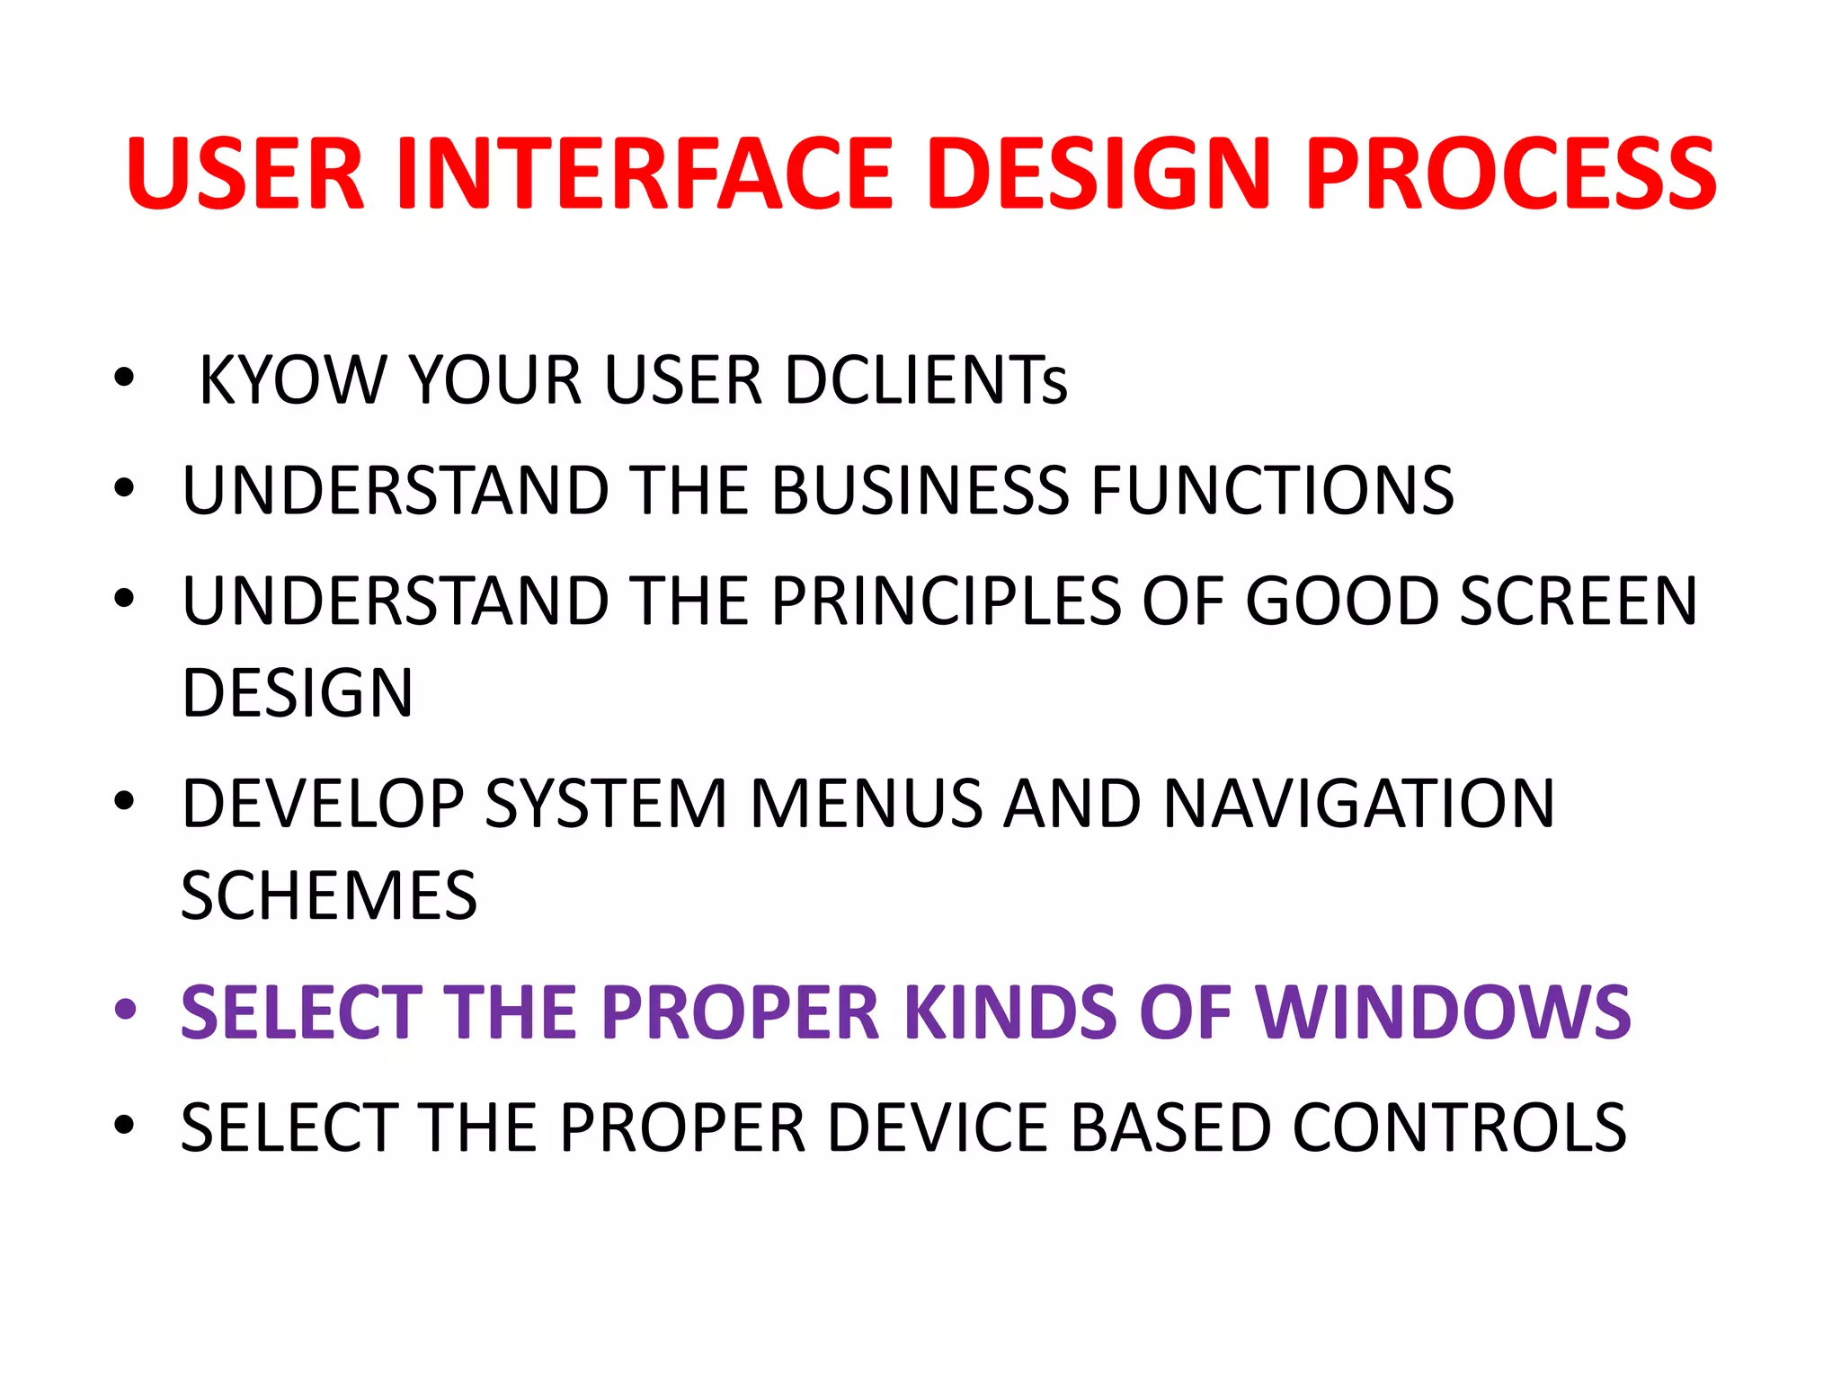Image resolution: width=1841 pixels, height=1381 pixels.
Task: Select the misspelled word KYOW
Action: tap(293, 380)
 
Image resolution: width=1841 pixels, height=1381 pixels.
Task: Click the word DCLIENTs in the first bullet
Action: tap(926, 380)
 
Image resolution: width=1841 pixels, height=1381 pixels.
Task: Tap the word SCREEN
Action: tap(1579, 601)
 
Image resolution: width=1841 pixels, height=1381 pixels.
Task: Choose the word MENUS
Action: tap(866, 804)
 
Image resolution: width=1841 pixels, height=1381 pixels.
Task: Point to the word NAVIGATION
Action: tap(1358, 804)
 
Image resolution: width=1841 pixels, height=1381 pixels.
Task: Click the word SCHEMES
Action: tap(329, 896)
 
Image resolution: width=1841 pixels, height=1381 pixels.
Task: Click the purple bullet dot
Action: tap(125, 1010)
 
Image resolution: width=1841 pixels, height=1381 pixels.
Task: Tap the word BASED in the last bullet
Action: tap(1171, 1127)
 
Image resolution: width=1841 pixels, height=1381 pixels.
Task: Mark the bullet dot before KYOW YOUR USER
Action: tap(125, 378)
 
